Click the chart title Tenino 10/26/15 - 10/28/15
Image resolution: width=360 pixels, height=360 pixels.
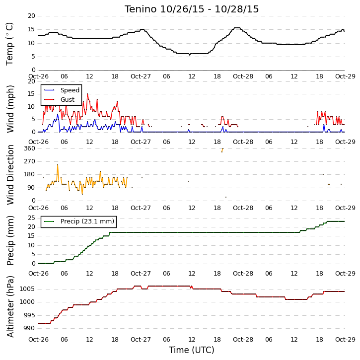click(192, 9)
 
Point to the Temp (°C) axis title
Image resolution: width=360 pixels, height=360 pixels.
click(9, 44)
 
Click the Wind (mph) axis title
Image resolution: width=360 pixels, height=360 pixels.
click(10, 109)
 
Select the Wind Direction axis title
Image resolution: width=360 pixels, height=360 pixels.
click(10, 174)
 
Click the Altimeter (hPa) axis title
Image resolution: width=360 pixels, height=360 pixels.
click(10, 306)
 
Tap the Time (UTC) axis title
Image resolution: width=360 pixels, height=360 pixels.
click(192, 350)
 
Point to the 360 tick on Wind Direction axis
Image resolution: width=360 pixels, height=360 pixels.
click(29, 148)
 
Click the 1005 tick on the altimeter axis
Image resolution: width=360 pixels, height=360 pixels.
click(27, 289)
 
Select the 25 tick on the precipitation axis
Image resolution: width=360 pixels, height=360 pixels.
click(31, 217)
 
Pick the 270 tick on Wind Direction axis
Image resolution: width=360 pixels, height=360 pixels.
click(29, 161)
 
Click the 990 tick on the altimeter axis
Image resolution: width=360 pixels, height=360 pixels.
click(29, 328)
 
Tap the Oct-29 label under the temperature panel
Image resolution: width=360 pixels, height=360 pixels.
click(345, 76)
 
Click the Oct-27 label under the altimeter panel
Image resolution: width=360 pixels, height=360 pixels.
click(141, 339)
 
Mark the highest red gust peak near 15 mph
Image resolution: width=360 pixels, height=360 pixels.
click(87, 94)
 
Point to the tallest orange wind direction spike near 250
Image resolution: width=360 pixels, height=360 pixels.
click(58, 165)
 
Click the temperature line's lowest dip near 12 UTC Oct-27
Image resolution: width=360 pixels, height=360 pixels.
click(190, 55)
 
